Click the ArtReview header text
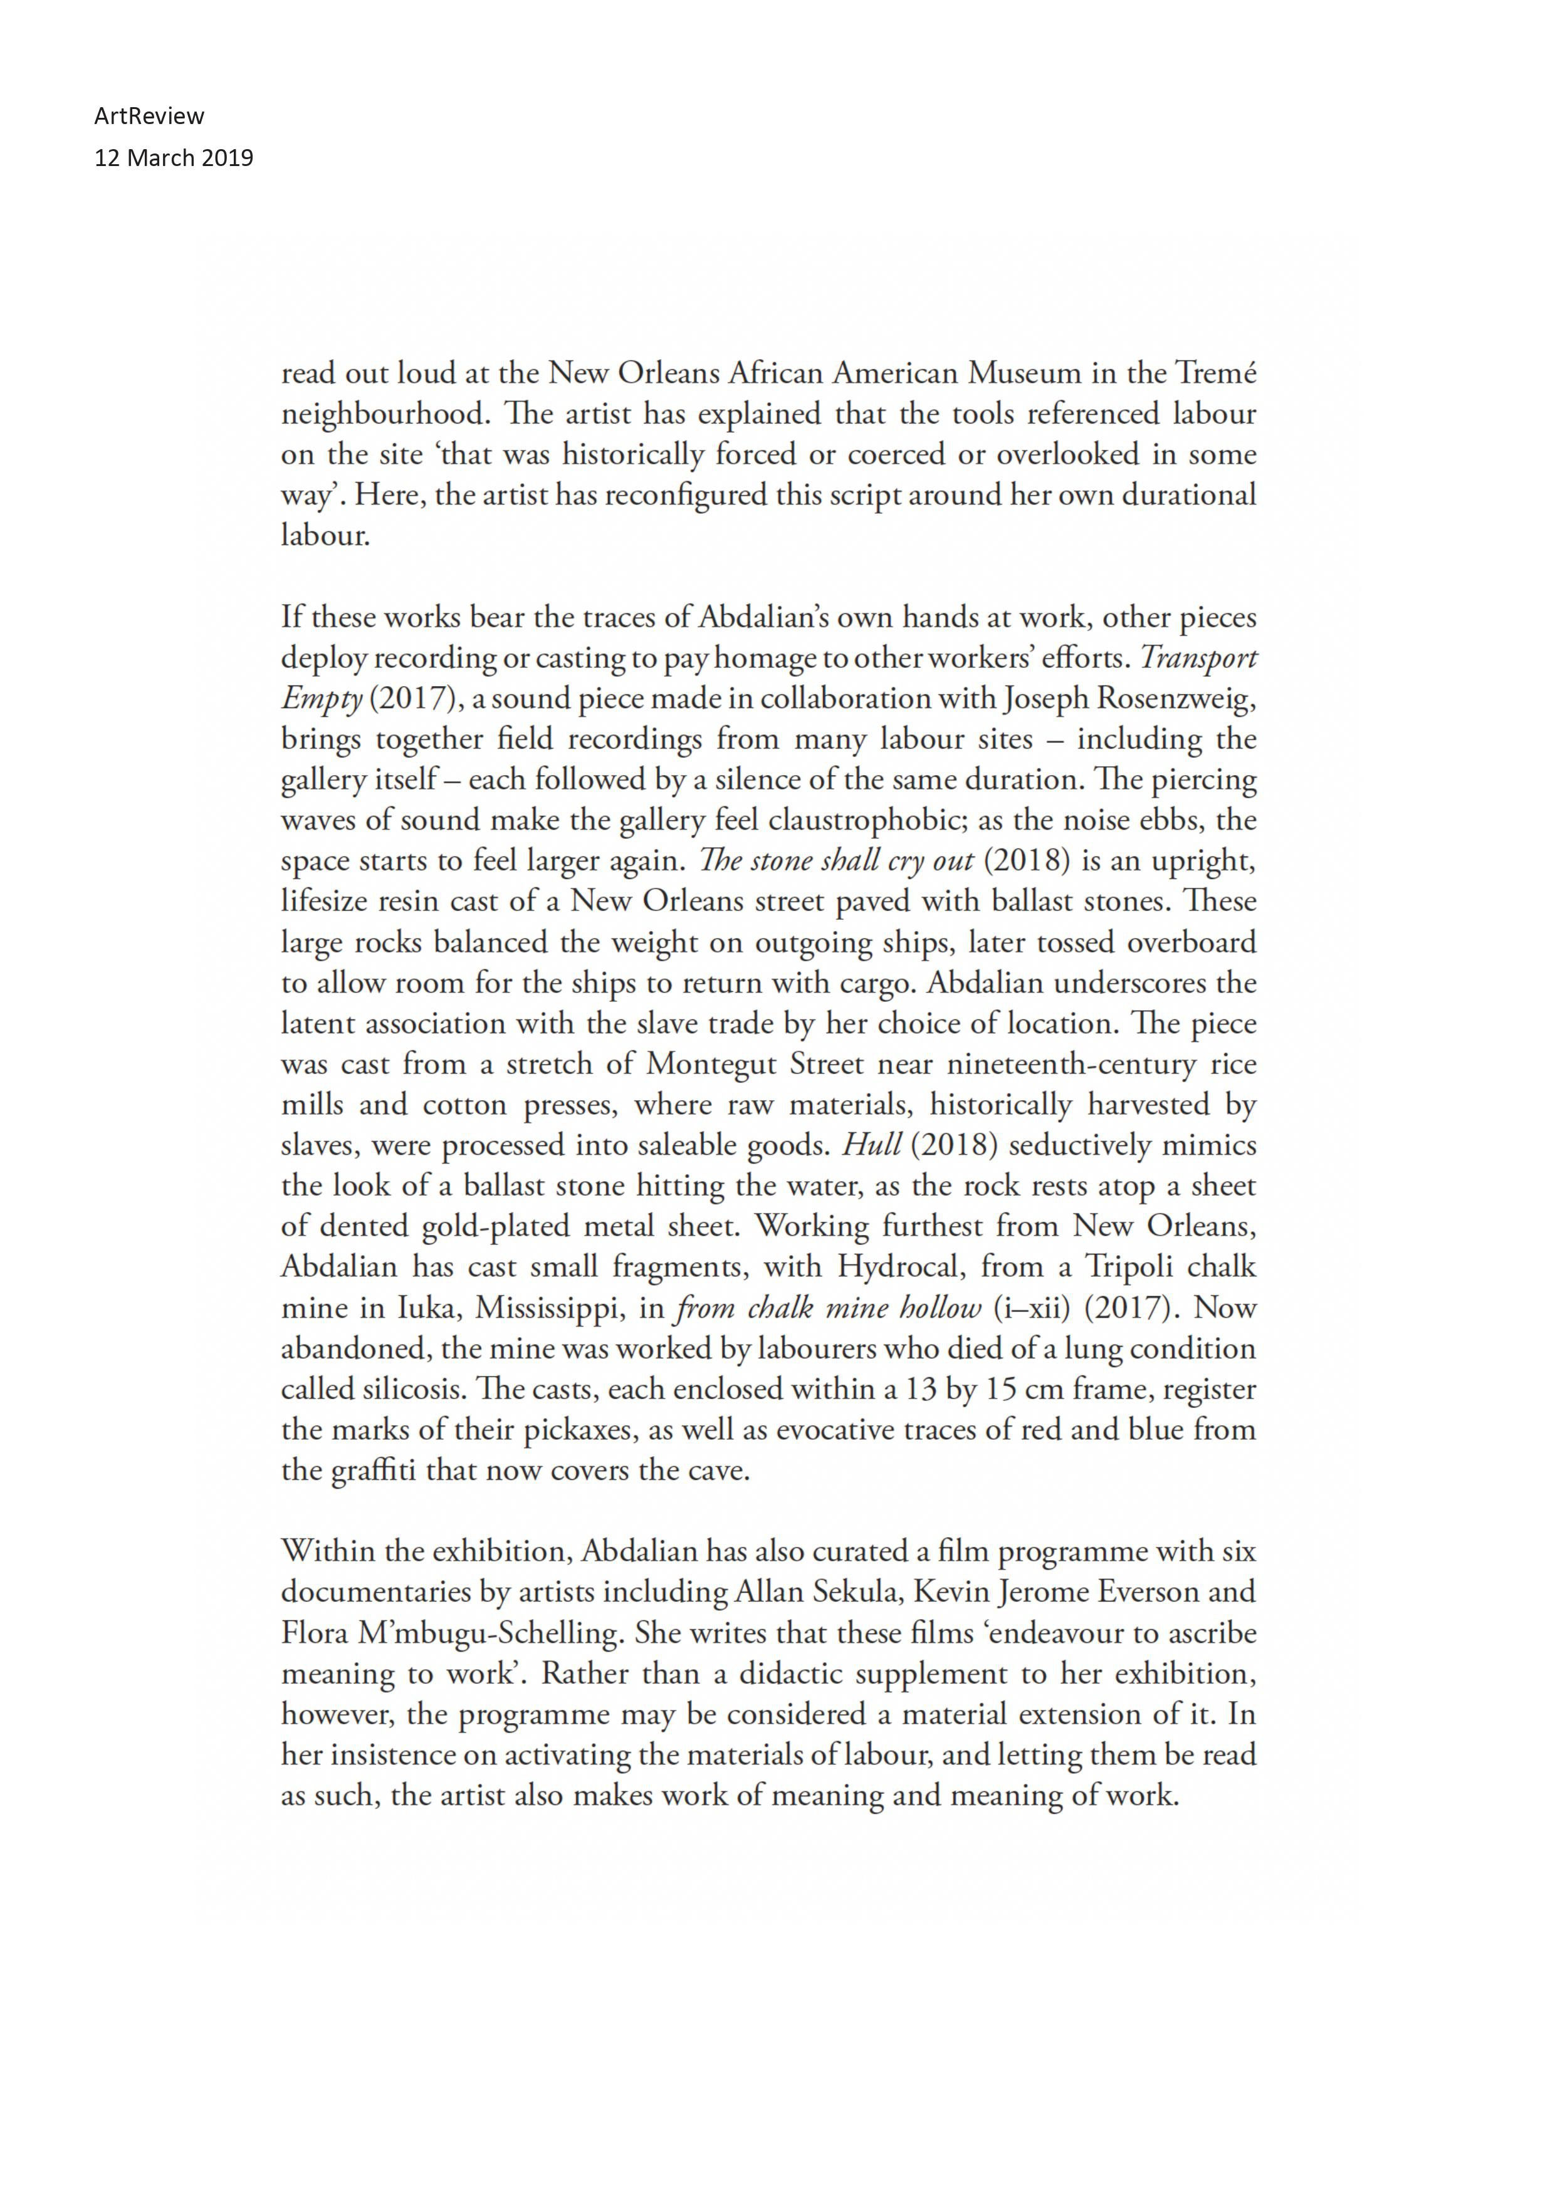149,116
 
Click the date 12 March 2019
174,158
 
